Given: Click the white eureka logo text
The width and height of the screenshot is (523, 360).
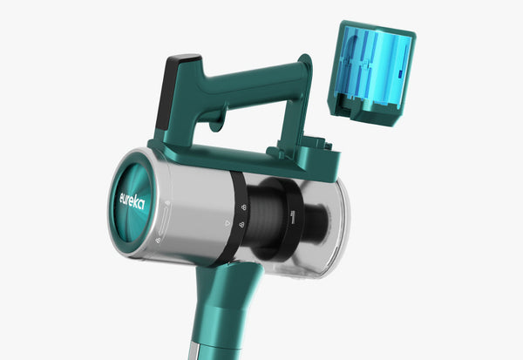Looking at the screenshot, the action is [x=132, y=200].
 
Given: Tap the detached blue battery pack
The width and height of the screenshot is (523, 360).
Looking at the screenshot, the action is [x=372, y=73].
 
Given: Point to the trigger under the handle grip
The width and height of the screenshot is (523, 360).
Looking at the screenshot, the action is [x=216, y=124].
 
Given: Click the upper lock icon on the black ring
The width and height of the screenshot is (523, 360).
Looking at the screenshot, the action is [x=244, y=207].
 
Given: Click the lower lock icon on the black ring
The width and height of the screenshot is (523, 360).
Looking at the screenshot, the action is [x=241, y=225].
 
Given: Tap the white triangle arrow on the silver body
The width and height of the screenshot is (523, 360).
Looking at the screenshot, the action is [x=228, y=223].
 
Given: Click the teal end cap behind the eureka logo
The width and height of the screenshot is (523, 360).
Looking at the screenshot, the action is [x=131, y=203].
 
